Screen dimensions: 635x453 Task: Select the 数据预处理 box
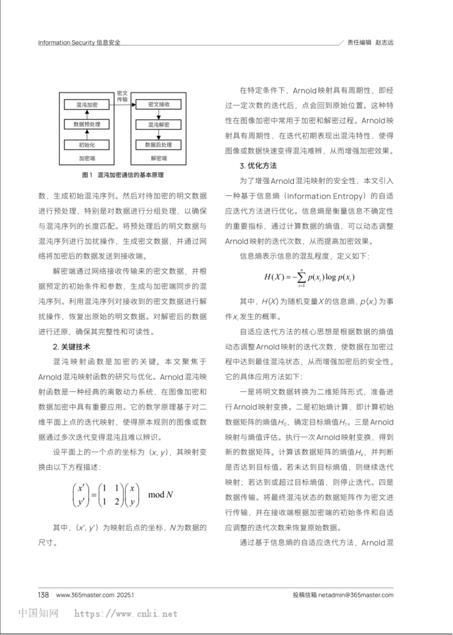(x=87, y=125)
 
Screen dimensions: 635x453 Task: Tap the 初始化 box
(x=87, y=145)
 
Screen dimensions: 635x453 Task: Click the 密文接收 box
(x=159, y=105)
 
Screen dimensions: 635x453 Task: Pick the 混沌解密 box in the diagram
(x=159, y=125)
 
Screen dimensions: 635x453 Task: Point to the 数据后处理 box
(x=159, y=145)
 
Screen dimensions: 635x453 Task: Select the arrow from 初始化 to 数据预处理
(x=87, y=135)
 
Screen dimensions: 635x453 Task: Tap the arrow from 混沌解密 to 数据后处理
(x=159, y=135)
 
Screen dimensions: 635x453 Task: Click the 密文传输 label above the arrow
(x=122, y=96)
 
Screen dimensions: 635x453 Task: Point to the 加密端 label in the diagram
(x=87, y=158)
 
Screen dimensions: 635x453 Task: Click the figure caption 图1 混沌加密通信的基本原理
(x=123, y=175)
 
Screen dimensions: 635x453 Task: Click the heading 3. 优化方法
(x=259, y=166)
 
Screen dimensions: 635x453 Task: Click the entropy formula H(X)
(x=309, y=278)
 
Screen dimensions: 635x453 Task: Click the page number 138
(x=43, y=595)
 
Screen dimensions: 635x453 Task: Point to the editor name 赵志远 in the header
(x=384, y=43)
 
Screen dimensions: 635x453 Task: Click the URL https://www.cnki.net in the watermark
(x=126, y=614)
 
